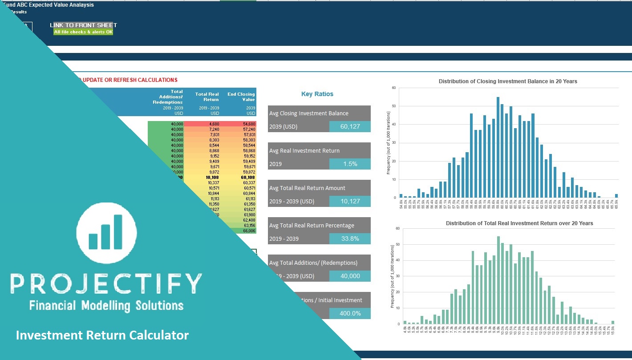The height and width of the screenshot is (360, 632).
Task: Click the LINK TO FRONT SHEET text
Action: click(x=83, y=25)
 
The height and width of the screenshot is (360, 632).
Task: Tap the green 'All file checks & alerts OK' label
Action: click(x=83, y=32)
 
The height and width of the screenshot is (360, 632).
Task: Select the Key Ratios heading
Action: click(x=317, y=94)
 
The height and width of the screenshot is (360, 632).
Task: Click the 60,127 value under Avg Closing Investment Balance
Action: click(x=350, y=126)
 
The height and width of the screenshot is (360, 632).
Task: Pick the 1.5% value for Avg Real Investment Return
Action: click(x=350, y=164)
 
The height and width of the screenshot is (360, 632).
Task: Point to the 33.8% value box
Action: click(x=350, y=239)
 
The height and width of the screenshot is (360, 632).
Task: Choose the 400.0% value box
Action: click(x=350, y=313)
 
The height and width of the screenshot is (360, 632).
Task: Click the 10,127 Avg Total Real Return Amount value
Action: click(x=350, y=201)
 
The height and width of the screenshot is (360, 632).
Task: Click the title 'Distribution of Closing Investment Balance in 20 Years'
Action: click(x=508, y=81)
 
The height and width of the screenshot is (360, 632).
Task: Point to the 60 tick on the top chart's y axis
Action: click(x=393, y=88)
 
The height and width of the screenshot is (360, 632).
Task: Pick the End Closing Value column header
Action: click(x=241, y=97)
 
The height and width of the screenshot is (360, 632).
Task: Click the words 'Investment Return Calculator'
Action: click(x=102, y=335)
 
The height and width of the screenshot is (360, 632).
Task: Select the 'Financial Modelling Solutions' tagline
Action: click(x=106, y=305)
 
